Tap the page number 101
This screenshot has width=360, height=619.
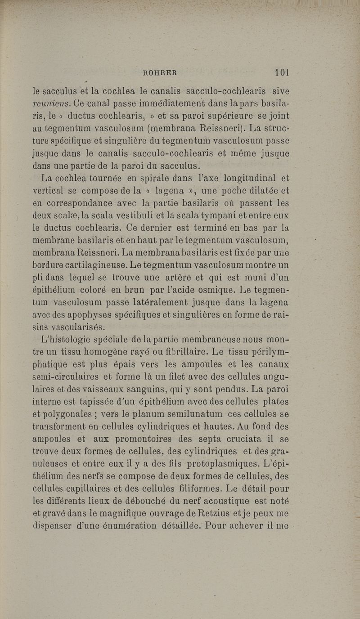point(282,72)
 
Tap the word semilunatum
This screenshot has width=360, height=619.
point(186,413)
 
